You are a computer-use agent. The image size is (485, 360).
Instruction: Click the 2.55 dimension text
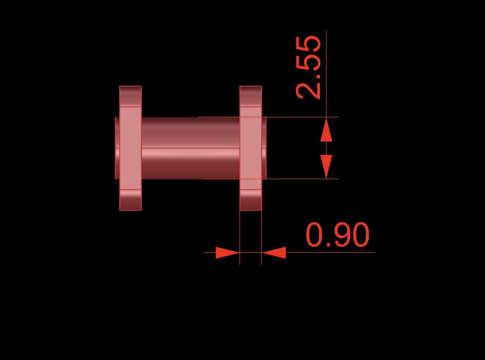(308, 67)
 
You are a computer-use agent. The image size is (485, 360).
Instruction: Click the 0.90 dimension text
(338, 235)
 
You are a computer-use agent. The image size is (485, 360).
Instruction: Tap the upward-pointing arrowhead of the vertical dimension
(327, 130)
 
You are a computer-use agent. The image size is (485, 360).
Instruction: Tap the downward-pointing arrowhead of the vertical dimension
(327, 167)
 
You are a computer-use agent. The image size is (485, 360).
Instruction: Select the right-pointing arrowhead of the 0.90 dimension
(227, 253)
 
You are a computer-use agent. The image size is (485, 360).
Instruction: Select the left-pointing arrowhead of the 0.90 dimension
(274, 253)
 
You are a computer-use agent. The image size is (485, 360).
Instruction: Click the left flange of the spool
(130, 148)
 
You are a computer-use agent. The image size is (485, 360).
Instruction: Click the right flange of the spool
(251, 148)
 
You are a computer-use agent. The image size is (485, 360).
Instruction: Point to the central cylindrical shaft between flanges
(191, 148)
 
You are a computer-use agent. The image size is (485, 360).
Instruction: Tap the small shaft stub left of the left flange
(117, 148)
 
